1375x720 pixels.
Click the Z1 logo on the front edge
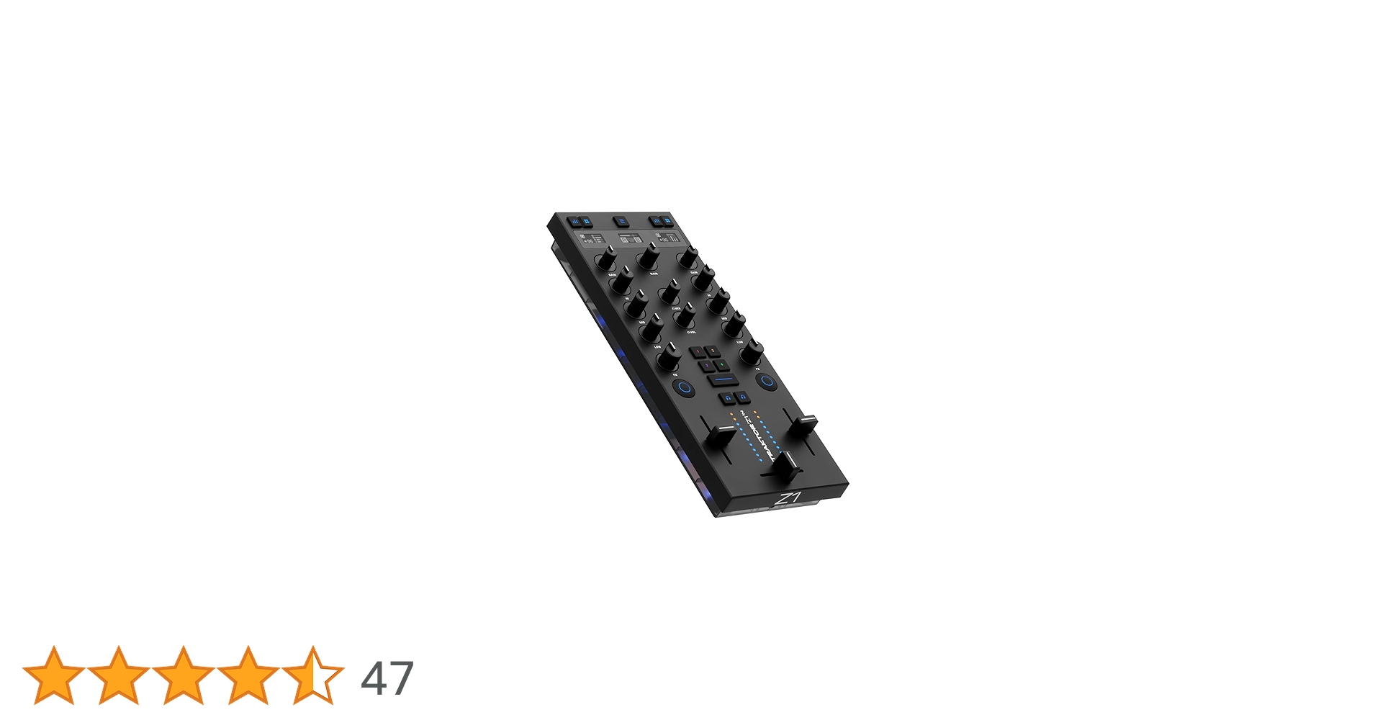[788, 499]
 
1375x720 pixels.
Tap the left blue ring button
[685, 388]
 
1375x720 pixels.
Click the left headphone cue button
[728, 397]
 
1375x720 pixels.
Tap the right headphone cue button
[742, 396]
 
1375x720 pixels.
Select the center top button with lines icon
[621, 222]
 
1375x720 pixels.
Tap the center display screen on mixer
[631, 238]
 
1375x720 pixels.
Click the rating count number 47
[387, 678]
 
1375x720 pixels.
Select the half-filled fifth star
[312, 675]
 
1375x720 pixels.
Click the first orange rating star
[54, 675]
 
